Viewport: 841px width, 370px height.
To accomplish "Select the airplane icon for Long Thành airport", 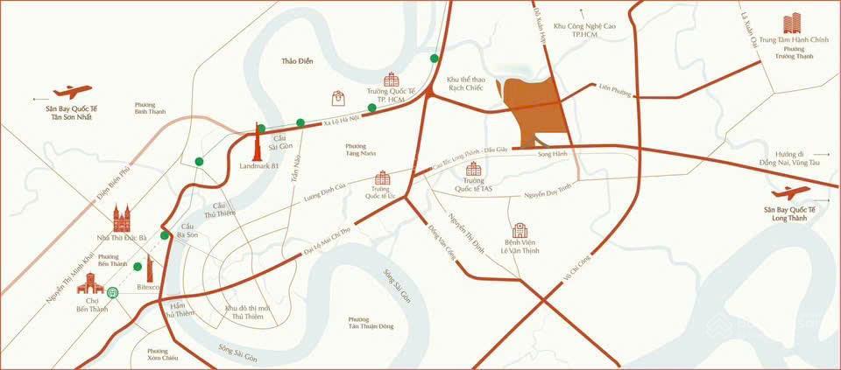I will (793, 193).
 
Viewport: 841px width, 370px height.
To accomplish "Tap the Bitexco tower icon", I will (149, 268).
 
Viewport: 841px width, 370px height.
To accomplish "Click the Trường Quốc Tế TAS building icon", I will (474, 169).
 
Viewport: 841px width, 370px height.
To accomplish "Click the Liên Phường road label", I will (615, 88).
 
